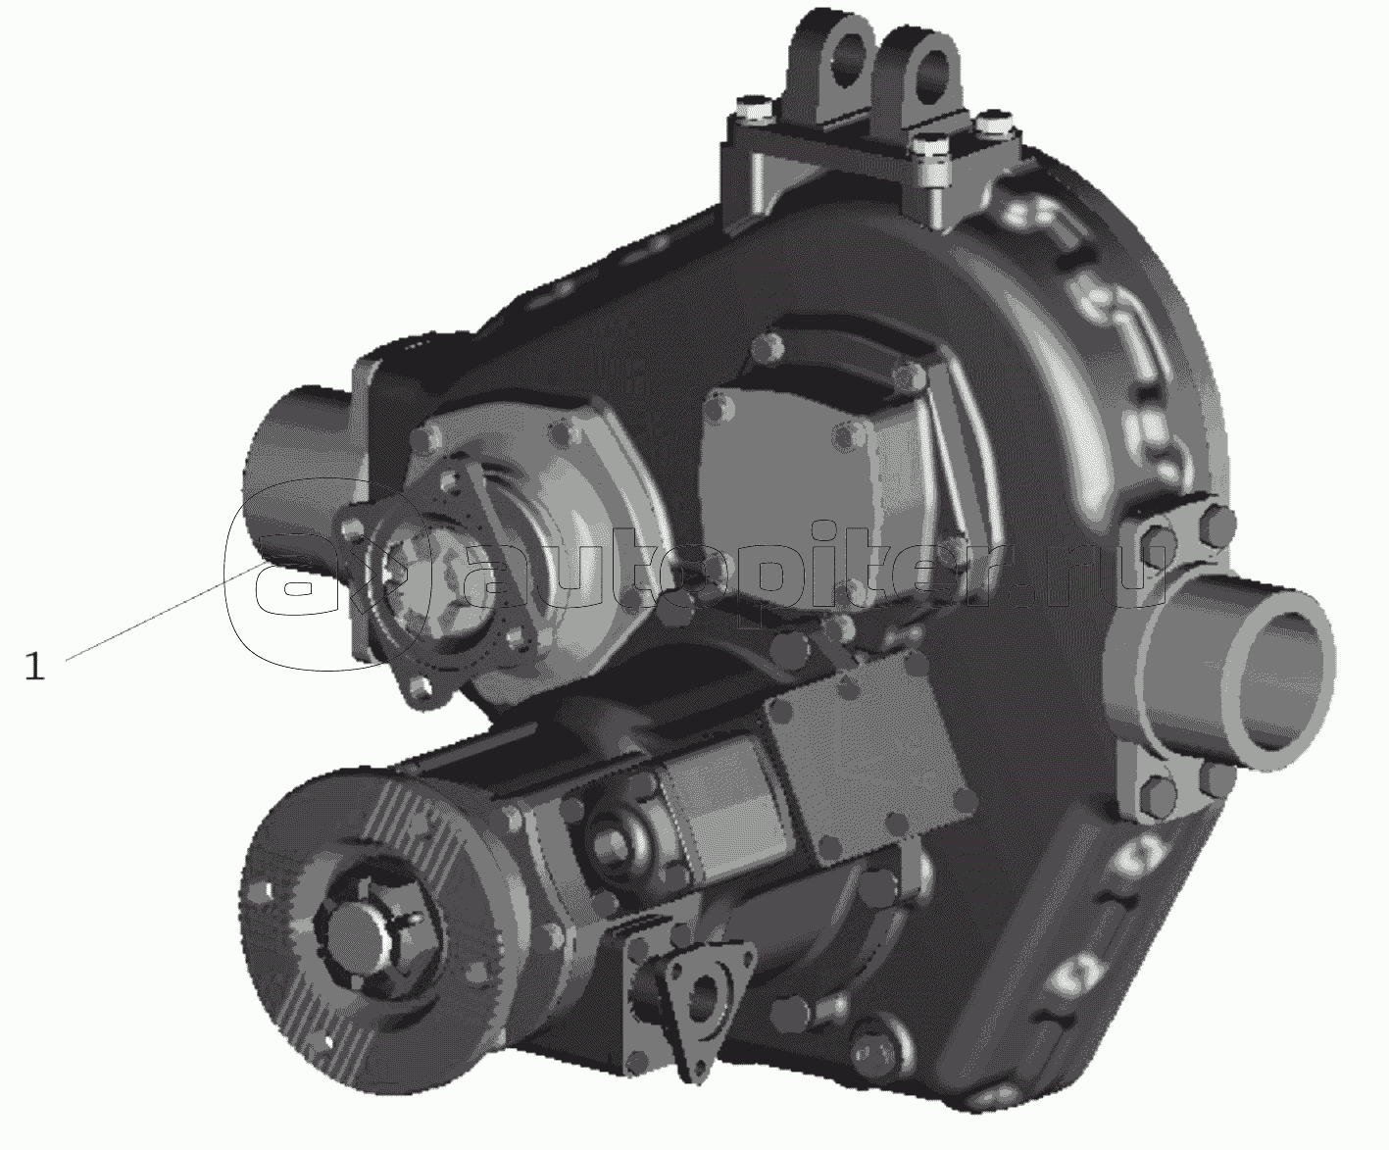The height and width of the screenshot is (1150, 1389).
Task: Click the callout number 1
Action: (x=34, y=666)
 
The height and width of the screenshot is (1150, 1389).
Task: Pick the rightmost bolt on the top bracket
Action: (x=993, y=124)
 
